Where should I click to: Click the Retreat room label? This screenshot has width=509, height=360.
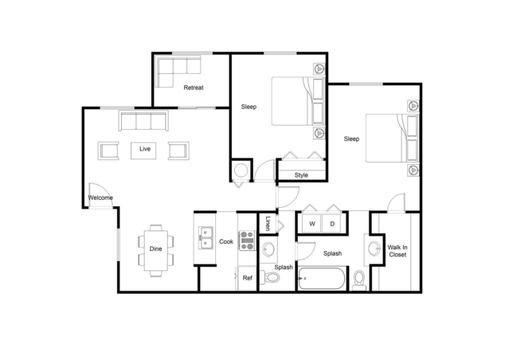[x=194, y=88]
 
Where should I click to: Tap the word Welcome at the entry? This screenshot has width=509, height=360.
[x=100, y=198]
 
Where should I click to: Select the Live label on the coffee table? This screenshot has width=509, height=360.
[x=145, y=149]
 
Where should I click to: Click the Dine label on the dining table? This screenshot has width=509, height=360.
[x=155, y=248]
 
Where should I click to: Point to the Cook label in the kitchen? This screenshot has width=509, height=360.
[x=225, y=241]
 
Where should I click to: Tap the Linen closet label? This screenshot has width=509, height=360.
[x=268, y=224]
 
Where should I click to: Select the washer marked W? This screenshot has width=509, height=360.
[x=312, y=224]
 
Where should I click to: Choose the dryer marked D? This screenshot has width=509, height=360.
[x=332, y=224]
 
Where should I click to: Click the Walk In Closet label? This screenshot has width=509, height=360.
[x=397, y=252]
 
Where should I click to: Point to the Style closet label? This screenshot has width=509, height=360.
[x=301, y=174]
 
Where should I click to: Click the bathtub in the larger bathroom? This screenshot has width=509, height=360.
[x=322, y=280]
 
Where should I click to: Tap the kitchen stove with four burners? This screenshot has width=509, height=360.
[x=247, y=241]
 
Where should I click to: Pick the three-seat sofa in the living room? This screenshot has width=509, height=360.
[x=143, y=121]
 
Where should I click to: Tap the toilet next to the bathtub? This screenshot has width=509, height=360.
[x=359, y=280]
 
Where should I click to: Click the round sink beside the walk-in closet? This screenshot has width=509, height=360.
[x=374, y=249]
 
